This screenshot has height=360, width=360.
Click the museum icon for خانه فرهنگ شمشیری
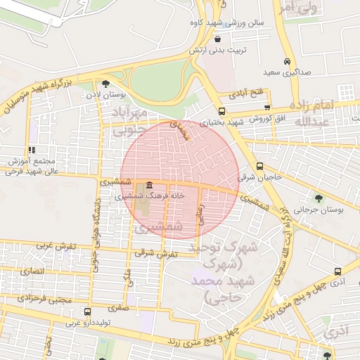click(x=148, y=187)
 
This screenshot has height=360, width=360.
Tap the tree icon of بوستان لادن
click(x=106, y=83)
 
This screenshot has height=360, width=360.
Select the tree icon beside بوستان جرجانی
click(x=319, y=198)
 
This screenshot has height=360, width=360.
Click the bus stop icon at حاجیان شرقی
click(x=260, y=167)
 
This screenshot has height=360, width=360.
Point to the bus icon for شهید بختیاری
click(x=221, y=111)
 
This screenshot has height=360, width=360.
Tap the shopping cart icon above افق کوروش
click(x=266, y=106)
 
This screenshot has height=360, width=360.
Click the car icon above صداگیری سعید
click(x=286, y=61)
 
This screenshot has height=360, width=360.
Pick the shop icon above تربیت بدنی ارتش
click(x=217, y=39)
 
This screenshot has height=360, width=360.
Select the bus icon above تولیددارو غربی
click(x=86, y=311)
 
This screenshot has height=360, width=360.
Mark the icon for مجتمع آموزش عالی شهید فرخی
click(x=31, y=150)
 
